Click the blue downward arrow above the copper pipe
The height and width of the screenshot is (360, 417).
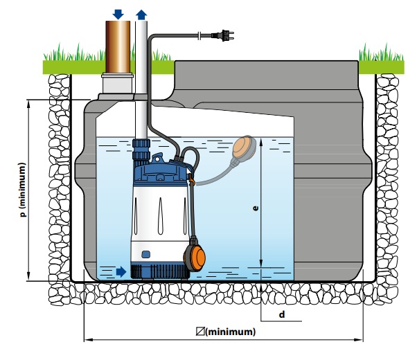point(118,14)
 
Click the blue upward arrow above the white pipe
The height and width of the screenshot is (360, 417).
point(141,15)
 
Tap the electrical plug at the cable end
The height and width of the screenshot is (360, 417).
point(222,35)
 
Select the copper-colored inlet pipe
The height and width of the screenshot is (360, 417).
point(118,47)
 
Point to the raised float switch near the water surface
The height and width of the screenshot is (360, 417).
point(244,148)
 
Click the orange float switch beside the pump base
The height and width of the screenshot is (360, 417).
point(195,255)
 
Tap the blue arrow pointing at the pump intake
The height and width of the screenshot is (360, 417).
point(121,271)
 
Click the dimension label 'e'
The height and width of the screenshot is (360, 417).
point(256,208)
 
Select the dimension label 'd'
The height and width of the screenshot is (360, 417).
point(282,314)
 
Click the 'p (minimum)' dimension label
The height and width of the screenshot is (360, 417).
point(23,190)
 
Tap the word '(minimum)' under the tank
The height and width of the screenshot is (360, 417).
point(230,332)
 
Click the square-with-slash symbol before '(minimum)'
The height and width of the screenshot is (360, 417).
point(200,332)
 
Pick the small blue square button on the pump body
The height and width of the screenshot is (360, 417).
point(145,254)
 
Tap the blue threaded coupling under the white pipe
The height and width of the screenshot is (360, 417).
point(141,152)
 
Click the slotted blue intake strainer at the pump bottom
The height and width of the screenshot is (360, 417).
point(159,271)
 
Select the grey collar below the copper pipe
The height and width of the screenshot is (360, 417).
point(117,83)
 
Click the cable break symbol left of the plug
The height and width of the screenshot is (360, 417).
point(200,35)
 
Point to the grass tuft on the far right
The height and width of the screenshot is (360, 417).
point(381,53)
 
